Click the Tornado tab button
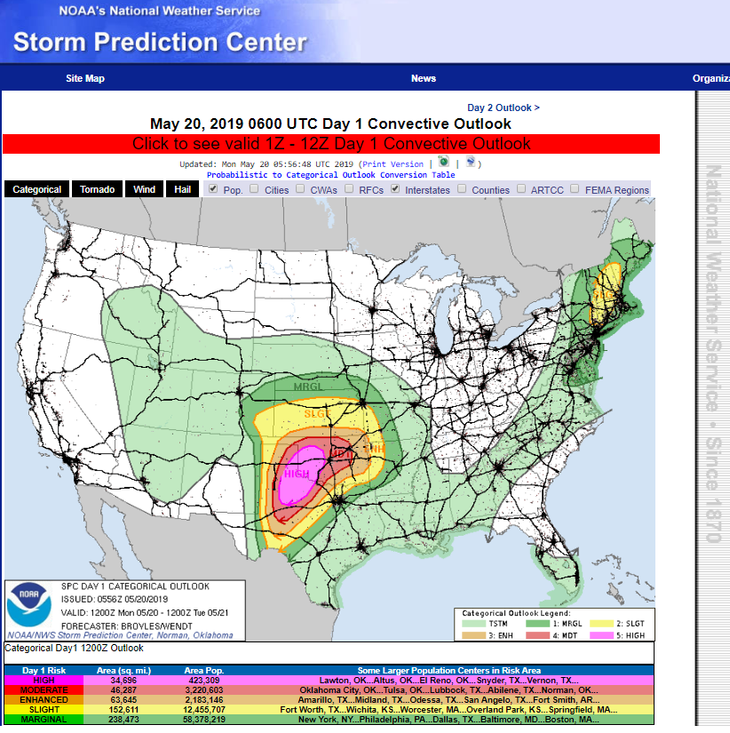(x=97, y=189)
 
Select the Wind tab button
(x=145, y=189)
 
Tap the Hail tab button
(x=182, y=189)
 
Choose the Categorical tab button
(x=37, y=189)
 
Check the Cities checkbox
(x=255, y=189)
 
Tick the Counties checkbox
(x=463, y=189)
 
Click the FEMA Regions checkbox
(x=575, y=189)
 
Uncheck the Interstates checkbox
(x=396, y=189)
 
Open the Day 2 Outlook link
(x=504, y=108)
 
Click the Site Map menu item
(x=85, y=78)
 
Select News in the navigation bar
(x=424, y=78)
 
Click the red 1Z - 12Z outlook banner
(x=331, y=144)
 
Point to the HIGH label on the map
(x=297, y=474)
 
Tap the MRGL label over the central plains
(x=308, y=386)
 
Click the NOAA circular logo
(x=29, y=603)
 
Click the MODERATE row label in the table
(x=44, y=689)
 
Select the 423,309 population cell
(x=203, y=680)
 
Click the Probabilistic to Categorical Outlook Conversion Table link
(x=330, y=175)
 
